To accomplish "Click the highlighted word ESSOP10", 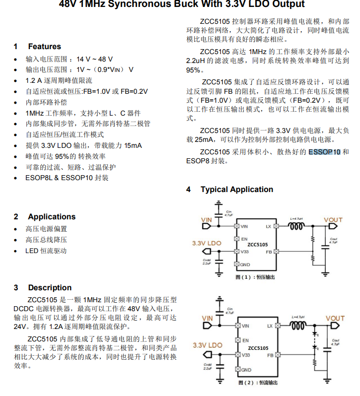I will pyautogui.click(x=324, y=152).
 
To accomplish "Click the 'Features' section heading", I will pyautogui.click(x=44, y=47).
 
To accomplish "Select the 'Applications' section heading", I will pyautogui.click(x=52, y=217).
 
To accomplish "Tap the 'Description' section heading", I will pyautogui.click(x=50, y=288).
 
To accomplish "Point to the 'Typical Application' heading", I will pyautogui.click(x=236, y=190).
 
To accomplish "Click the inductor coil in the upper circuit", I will pyautogui.click(x=297, y=226).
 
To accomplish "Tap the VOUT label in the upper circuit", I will pyautogui.click(x=333, y=220).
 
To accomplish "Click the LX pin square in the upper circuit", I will pyautogui.click(x=276, y=226).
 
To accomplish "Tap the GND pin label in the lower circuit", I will pyautogui.click(x=245, y=370).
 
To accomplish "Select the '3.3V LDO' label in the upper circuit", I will pyautogui.click(x=207, y=244).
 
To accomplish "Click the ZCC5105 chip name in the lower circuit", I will pyautogui.click(x=258, y=348).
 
